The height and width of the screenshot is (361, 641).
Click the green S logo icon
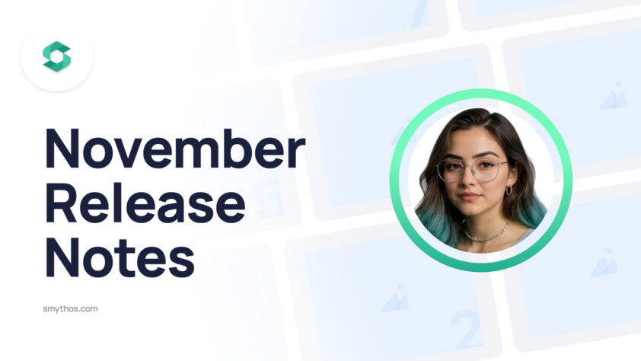click(57, 57)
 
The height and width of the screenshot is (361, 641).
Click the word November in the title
click(174, 149)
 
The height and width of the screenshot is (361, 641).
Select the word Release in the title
click(145, 203)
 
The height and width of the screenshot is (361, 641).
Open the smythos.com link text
click(71, 309)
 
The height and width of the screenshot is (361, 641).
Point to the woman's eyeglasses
click(471, 169)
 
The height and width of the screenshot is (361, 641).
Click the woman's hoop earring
click(509, 190)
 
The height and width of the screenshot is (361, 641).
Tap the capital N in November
click(62, 149)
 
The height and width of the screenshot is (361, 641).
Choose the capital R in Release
click(62, 203)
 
